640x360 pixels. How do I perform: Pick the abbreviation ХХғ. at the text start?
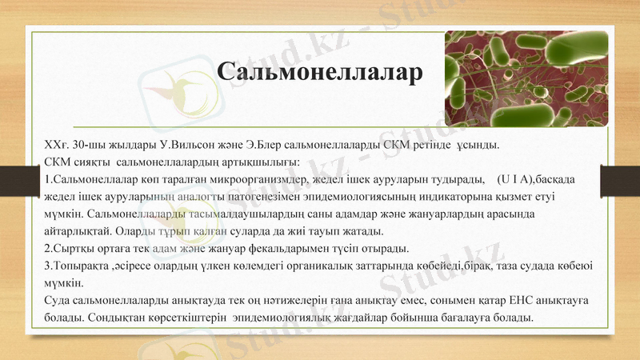pos(56,146)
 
